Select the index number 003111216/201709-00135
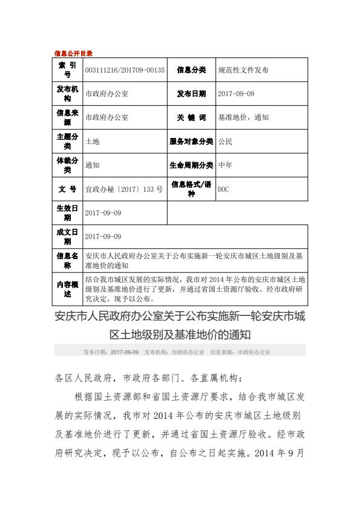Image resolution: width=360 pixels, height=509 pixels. click(x=125, y=70)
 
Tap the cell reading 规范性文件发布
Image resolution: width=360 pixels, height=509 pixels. click(x=243, y=70)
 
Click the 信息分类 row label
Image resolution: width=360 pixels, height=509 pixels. click(x=191, y=70)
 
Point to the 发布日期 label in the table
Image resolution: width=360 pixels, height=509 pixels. click(x=191, y=94)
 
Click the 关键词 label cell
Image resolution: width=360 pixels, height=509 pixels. click(x=191, y=117)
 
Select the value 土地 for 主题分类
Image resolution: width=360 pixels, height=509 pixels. click(x=92, y=141)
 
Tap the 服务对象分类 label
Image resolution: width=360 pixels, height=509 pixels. click(x=191, y=141)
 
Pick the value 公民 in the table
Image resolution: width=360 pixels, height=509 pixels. click(x=224, y=141)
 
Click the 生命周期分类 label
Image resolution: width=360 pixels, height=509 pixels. click(x=191, y=165)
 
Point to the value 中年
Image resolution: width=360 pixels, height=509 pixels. click(x=224, y=165)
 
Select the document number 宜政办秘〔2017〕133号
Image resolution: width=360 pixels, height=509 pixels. click(x=124, y=189)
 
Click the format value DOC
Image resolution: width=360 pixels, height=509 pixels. click(x=223, y=189)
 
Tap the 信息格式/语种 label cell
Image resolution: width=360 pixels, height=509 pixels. click(x=191, y=188)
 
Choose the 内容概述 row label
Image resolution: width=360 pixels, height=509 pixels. click(x=67, y=289)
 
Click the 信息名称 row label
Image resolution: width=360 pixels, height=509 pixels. click(x=67, y=260)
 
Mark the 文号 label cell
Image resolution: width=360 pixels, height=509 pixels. click(x=67, y=189)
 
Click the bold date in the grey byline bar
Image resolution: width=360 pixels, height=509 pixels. click(x=125, y=351)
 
